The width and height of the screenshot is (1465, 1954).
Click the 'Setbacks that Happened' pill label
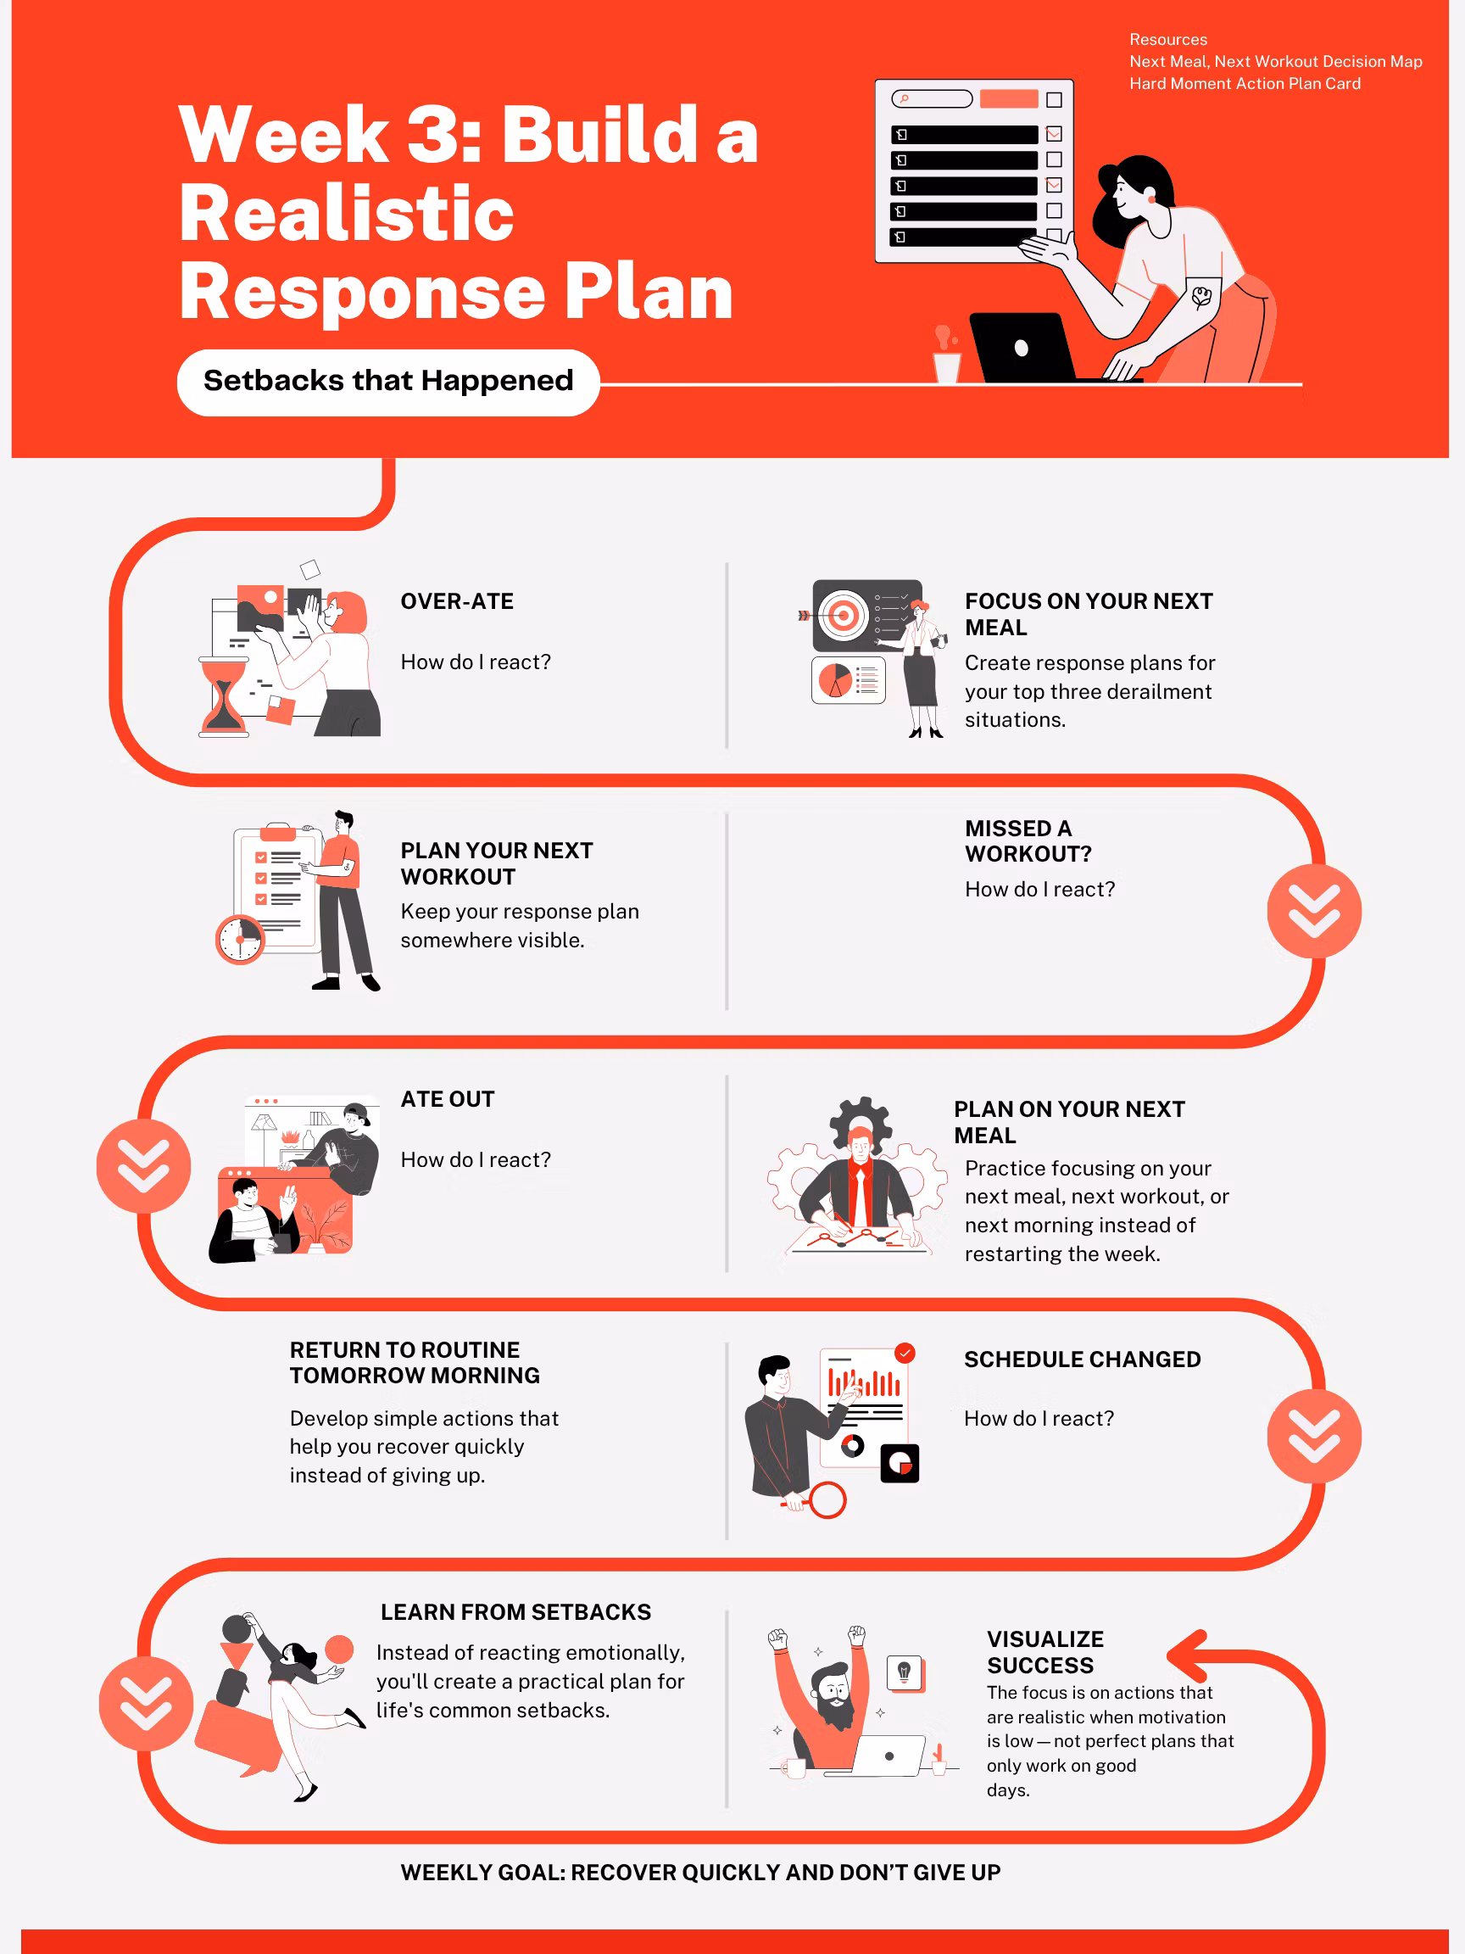click(x=388, y=382)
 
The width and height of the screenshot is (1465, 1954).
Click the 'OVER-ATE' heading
click(x=457, y=601)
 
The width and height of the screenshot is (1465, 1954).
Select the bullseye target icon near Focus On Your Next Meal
click(x=843, y=614)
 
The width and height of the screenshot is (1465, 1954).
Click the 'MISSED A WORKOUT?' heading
click(x=1028, y=841)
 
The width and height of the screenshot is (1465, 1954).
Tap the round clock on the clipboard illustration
click(x=240, y=939)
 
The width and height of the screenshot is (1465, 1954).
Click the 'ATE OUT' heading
click(x=448, y=1099)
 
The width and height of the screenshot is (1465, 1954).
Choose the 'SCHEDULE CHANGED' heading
click(x=1082, y=1359)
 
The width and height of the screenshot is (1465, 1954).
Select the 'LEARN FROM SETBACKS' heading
click(x=515, y=1612)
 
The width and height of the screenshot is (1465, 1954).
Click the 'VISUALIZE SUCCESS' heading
click(x=1044, y=1652)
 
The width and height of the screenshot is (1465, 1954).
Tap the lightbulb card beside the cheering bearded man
click(x=905, y=1673)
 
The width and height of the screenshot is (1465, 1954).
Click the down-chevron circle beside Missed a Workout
click(x=1314, y=911)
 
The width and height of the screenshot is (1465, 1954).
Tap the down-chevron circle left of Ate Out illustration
click(x=144, y=1166)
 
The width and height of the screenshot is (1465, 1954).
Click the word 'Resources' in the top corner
click(x=1167, y=40)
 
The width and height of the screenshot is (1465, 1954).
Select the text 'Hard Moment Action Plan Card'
click(x=1245, y=84)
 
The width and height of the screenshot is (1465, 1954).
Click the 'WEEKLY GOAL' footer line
click(x=700, y=1872)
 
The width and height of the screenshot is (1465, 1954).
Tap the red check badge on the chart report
click(x=905, y=1353)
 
